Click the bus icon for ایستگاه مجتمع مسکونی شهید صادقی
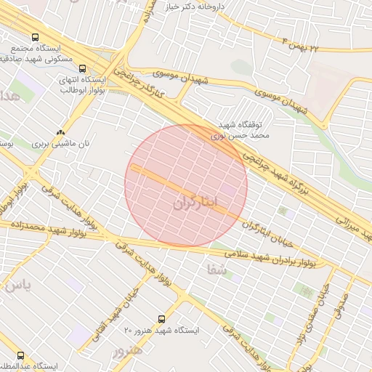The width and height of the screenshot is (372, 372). click(x=35, y=37)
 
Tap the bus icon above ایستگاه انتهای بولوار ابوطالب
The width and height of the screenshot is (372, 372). click(x=81, y=68)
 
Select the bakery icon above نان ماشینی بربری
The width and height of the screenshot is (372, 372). click(x=60, y=133)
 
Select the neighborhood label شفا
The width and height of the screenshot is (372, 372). click(x=217, y=270)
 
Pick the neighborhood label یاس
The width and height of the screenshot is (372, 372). click(x=16, y=285)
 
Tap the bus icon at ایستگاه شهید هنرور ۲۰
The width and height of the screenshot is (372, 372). click(x=161, y=319)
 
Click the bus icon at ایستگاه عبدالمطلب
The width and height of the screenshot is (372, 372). click(x=20, y=356)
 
